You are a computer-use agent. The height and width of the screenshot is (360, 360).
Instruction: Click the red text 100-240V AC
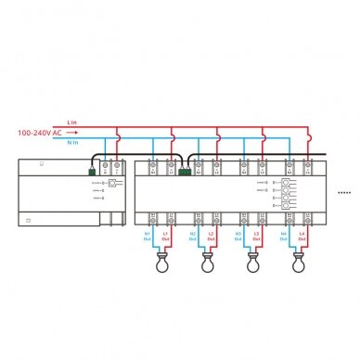[39, 133]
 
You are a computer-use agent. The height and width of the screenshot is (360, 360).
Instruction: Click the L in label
[72, 122]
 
